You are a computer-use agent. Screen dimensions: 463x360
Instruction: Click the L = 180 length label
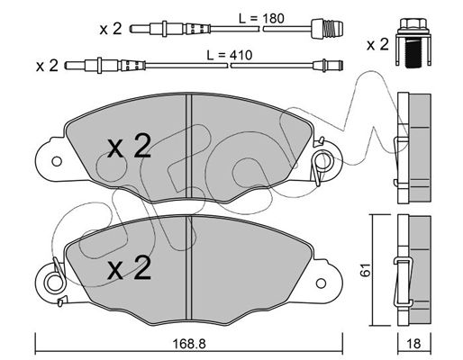tap(261, 19)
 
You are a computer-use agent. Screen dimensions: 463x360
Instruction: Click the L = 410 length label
tap(230, 55)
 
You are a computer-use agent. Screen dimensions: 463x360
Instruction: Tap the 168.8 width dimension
tap(189, 344)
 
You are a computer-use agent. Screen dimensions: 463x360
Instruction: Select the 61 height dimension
tap(367, 270)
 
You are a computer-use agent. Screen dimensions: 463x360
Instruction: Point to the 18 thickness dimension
tap(414, 344)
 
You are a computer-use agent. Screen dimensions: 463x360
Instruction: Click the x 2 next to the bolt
tap(377, 45)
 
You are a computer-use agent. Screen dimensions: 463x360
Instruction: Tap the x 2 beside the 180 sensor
tap(111, 29)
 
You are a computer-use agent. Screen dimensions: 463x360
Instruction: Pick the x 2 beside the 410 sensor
tap(47, 66)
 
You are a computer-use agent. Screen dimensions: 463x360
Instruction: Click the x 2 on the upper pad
tap(130, 147)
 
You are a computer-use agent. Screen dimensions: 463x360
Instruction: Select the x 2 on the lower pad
tap(130, 268)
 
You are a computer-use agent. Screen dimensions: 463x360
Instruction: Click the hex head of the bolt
tap(413, 25)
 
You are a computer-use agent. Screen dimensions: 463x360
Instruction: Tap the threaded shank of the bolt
tap(413, 53)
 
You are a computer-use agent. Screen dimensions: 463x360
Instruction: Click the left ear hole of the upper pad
tap(57, 161)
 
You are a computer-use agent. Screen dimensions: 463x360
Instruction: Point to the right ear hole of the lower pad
tap(321, 283)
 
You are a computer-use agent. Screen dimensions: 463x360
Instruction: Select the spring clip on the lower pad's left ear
tap(56, 282)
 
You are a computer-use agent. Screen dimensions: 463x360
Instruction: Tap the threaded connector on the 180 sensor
tap(327, 29)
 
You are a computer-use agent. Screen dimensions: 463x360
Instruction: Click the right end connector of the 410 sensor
tap(328, 66)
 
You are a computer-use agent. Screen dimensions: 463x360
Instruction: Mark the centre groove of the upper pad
tap(189, 146)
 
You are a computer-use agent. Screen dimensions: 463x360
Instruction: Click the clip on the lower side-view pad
tap(404, 282)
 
